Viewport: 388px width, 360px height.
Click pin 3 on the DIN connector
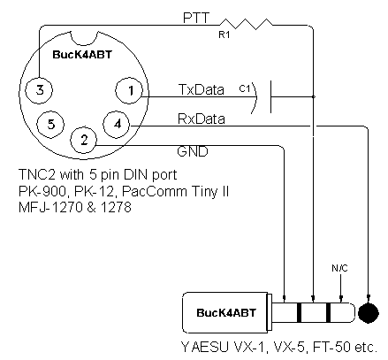[x=39, y=90]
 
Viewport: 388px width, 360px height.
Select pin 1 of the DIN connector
[x=129, y=90]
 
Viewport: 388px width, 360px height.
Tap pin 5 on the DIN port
[x=50, y=124]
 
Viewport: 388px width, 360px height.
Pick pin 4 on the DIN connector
[x=117, y=124]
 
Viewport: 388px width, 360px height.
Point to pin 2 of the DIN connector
[x=84, y=140]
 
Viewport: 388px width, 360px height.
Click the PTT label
[x=196, y=18]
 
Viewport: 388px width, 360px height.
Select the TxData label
[x=202, y=89]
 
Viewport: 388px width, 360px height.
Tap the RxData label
[x=202, y=119]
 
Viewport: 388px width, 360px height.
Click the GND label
[x=193, y=151]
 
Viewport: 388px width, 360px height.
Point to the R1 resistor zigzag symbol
[x=246, y=24]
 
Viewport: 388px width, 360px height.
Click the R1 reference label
[x=224, y=34]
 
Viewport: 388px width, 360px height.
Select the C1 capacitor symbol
[x=261, y=97]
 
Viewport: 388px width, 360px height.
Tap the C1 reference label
[x=245, y=88]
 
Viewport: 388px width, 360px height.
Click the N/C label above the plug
[x=339, y=268]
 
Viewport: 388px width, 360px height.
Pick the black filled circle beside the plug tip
[x=369, y=313]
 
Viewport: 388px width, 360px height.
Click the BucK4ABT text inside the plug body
[x=226, y=313]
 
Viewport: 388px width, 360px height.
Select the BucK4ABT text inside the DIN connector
[x=82, y=55]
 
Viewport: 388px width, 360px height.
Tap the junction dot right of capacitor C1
[x=313, y=96]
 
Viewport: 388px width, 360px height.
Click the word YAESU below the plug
[x=205, y=347]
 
